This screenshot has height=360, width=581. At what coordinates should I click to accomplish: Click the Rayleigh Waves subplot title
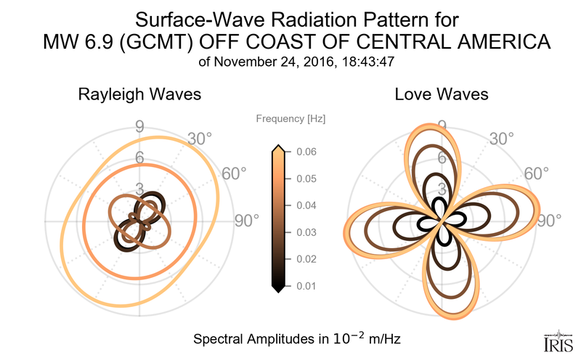pyautogui.click(x=139, y=94)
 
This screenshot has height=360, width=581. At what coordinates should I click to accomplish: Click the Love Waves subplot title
pyautogui.click(x=441, y=94)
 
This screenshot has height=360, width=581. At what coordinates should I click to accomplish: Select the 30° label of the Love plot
pyautogui.click(x=501, y=139)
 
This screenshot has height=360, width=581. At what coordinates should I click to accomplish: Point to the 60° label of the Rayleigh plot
pyautogui.click(x=232, y=174)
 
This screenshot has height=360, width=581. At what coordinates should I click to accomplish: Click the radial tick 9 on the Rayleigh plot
pyautogui.click(x=139, y=126)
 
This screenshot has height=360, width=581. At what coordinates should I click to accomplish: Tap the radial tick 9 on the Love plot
pyautogui.click(x=441, y=126)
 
